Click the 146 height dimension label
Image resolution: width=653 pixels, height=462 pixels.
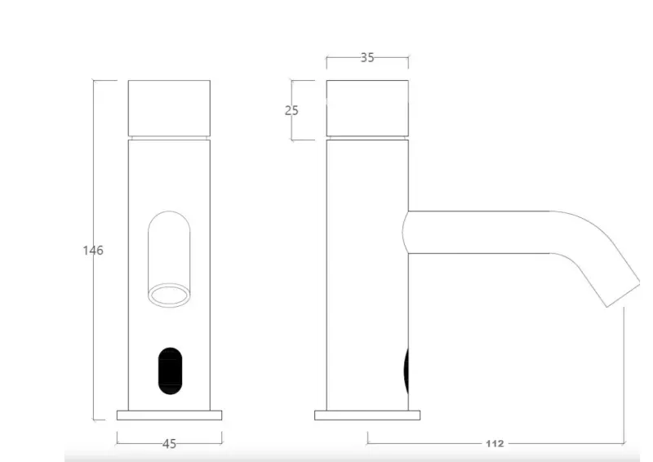93,251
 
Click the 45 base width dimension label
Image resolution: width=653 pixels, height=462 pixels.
170,444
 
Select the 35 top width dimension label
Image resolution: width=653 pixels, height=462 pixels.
367,58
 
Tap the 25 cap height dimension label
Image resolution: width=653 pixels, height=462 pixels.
292,110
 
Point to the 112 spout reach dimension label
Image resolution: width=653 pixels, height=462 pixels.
495,444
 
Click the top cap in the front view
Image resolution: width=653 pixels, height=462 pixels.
170,107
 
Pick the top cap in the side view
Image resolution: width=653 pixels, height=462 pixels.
367,107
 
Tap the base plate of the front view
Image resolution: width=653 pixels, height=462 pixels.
170,415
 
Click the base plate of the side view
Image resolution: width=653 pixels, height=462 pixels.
368,415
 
